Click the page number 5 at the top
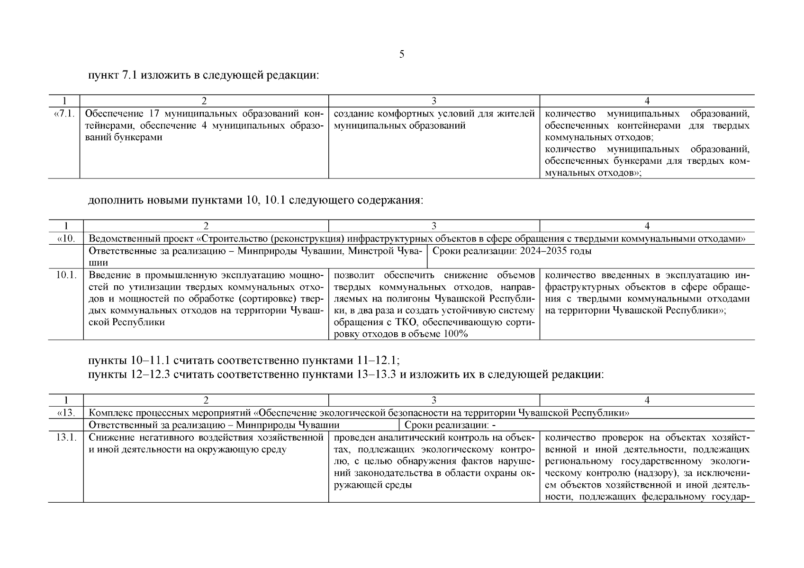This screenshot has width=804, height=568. coord(402,54)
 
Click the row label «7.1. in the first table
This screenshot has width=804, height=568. coord(64,114)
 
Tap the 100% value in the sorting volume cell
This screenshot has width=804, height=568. coord(455,334)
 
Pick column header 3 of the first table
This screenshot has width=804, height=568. coord(434,101)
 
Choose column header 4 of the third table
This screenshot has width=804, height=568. coord(647,400)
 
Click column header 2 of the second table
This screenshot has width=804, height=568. coord(206,226)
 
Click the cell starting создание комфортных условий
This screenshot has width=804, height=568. coord(434,120)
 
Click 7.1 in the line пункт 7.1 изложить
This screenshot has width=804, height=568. coord(130,75)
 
